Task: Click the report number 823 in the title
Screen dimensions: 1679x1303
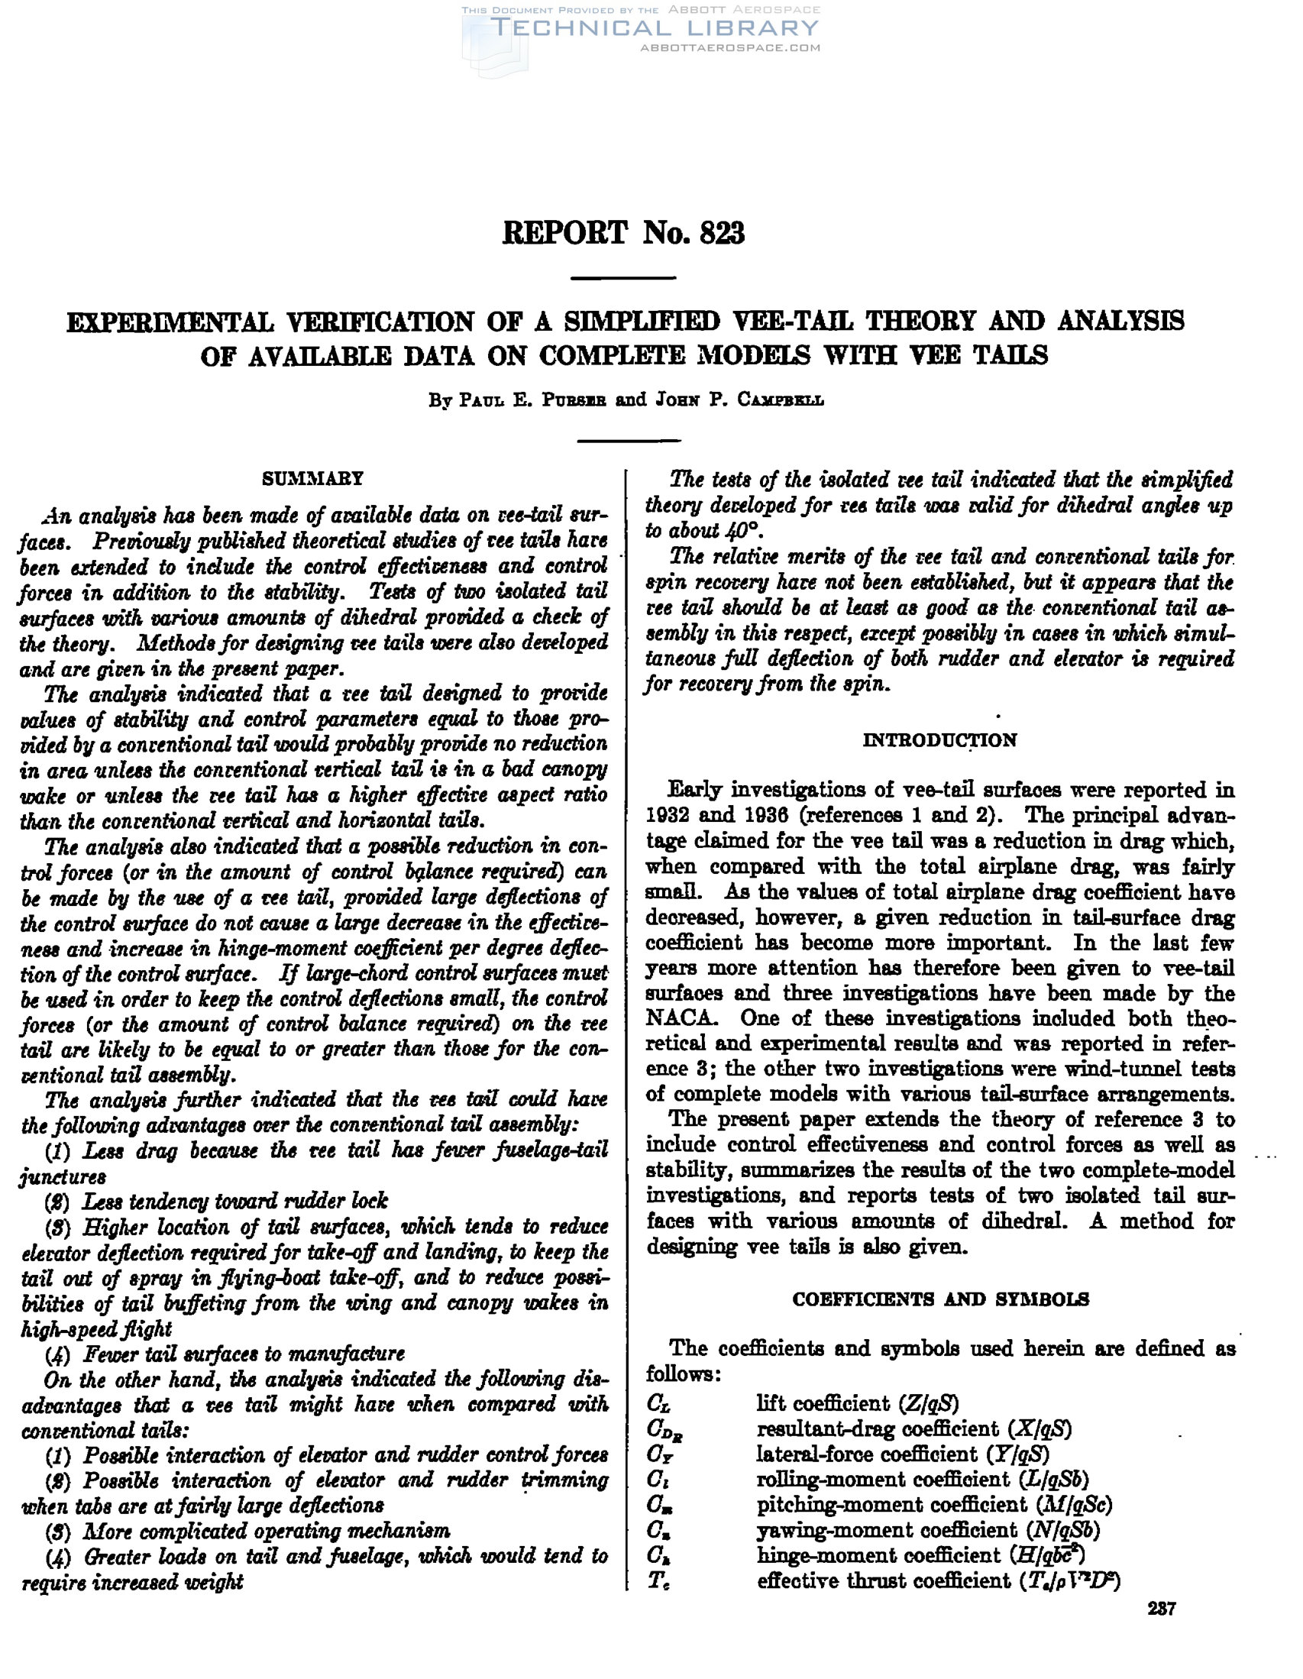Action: (722, 233)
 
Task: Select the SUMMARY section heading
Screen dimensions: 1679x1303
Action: (312, 479)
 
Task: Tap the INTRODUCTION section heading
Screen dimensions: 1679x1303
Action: (939, 739)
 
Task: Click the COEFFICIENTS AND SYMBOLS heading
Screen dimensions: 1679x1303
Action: (940, 1299)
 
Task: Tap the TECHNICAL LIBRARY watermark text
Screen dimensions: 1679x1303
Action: (655, 29)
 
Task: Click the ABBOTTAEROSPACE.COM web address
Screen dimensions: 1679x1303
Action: (729, 47)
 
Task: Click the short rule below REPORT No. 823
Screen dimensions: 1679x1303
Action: (623, 277)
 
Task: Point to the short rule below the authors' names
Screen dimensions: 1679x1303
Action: (628, 441)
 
